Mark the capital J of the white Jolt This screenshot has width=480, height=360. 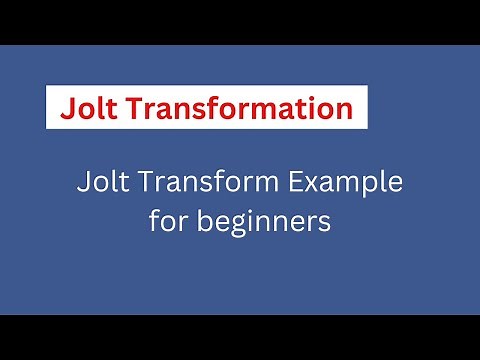[81, 185]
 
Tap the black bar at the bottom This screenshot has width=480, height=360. [240, 337]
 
